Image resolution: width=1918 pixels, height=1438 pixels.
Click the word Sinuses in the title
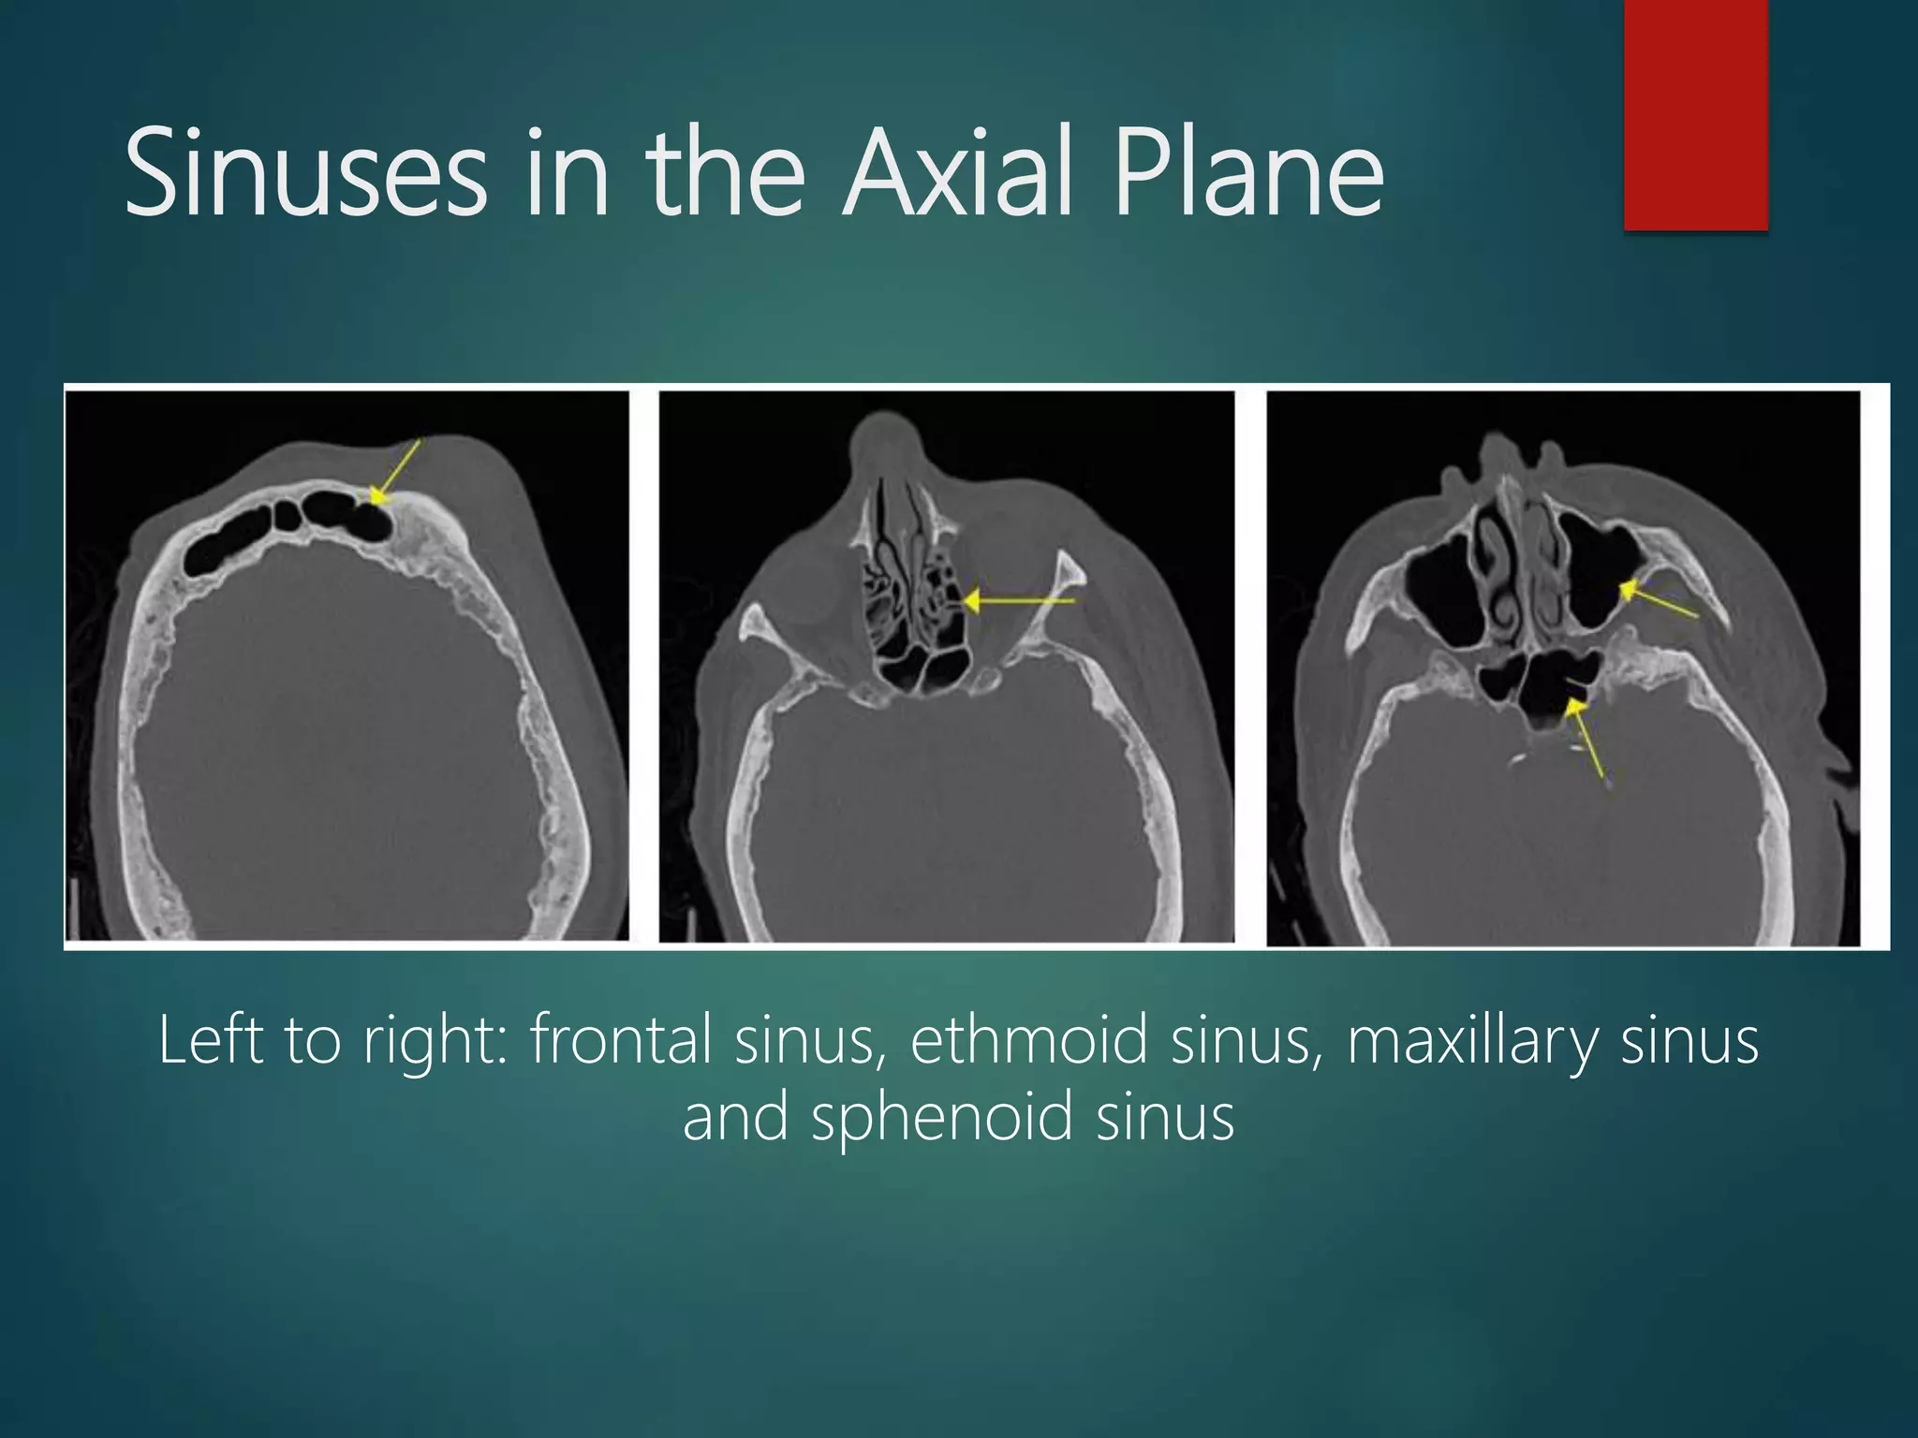click(x=305, y=174)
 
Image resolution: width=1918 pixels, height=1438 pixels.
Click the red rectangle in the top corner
click(x=1695, y=114)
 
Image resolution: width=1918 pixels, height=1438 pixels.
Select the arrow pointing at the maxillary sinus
click(x=1658, y=599)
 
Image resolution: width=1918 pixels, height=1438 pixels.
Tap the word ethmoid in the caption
click(x=1028, y=1040)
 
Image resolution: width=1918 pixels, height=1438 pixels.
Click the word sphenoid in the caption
click(x=940, y=1119)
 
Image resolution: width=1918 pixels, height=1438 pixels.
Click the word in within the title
click(x=566, y=174)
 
